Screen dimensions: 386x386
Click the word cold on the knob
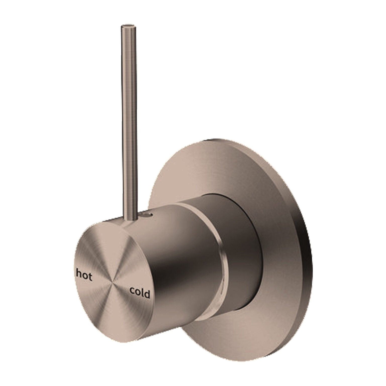point(140,293)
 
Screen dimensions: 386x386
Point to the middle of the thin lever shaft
point(130,121)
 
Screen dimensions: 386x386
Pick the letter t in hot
point(90,277)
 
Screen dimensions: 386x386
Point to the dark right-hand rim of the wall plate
point(308,251)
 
